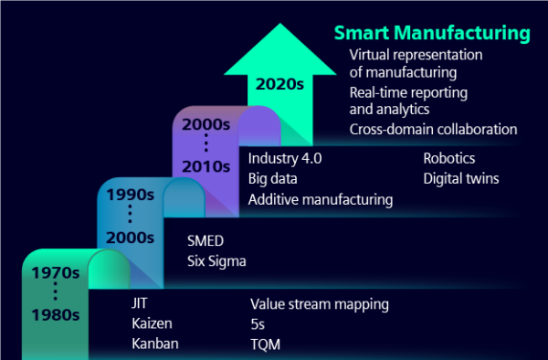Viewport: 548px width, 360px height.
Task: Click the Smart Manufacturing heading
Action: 432,34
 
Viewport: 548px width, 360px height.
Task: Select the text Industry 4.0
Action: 285,158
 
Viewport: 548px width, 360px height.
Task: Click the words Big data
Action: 273,178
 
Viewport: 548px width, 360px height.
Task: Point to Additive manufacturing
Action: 321,198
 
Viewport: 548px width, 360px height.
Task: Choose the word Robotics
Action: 448,158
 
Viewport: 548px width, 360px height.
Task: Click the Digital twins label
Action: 460,178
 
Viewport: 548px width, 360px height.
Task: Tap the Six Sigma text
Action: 216,261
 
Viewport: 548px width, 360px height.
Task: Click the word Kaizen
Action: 153,323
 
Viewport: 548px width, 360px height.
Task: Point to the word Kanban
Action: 155,344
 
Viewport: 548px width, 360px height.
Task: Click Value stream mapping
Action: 320,303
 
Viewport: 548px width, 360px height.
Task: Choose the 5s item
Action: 258,323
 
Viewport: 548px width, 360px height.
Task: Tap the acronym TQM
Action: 265,344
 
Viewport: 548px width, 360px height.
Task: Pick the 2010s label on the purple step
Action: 205,166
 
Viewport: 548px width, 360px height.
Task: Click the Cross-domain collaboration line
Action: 433,129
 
